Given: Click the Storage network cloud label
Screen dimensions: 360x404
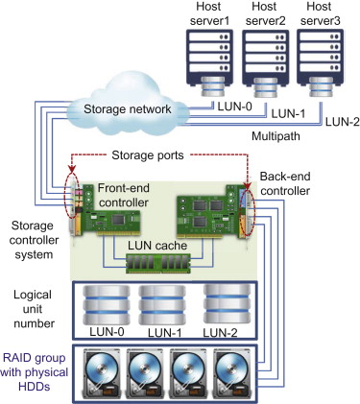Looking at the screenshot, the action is (x=128, y=109).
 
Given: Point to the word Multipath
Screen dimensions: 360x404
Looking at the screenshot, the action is (x=276, y=136).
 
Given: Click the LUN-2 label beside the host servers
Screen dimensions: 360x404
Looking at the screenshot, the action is (x=343, y=122).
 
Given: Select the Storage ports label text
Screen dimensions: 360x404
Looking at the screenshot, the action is (x=148, y=155).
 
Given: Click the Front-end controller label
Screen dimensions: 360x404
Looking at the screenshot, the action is (x=123, y=195).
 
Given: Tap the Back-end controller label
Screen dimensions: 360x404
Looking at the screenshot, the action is (x=285, y=183).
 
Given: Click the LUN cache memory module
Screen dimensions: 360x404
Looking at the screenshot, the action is (x=158, y=263).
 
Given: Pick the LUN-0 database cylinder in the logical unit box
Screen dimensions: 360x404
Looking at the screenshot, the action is (x=107, y=305).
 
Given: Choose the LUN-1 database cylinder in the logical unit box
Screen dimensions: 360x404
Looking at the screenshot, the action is (x=162, y=305).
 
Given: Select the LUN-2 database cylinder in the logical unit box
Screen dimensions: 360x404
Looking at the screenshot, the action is (x=227, y=303).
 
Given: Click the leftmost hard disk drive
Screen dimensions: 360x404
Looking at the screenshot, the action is (x=102, y=373).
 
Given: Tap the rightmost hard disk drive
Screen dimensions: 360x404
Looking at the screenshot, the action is (x=231, y=373).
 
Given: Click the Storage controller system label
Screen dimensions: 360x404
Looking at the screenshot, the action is (x=34, y=240).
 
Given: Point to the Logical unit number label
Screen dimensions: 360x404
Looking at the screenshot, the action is (x=34, y=309).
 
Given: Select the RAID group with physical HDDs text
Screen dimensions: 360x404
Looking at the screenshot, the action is (x=34, y=372).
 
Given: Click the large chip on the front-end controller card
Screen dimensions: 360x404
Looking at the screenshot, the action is (x=118, y=220).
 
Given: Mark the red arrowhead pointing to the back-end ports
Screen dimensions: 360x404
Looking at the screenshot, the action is (x=247, y=187).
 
